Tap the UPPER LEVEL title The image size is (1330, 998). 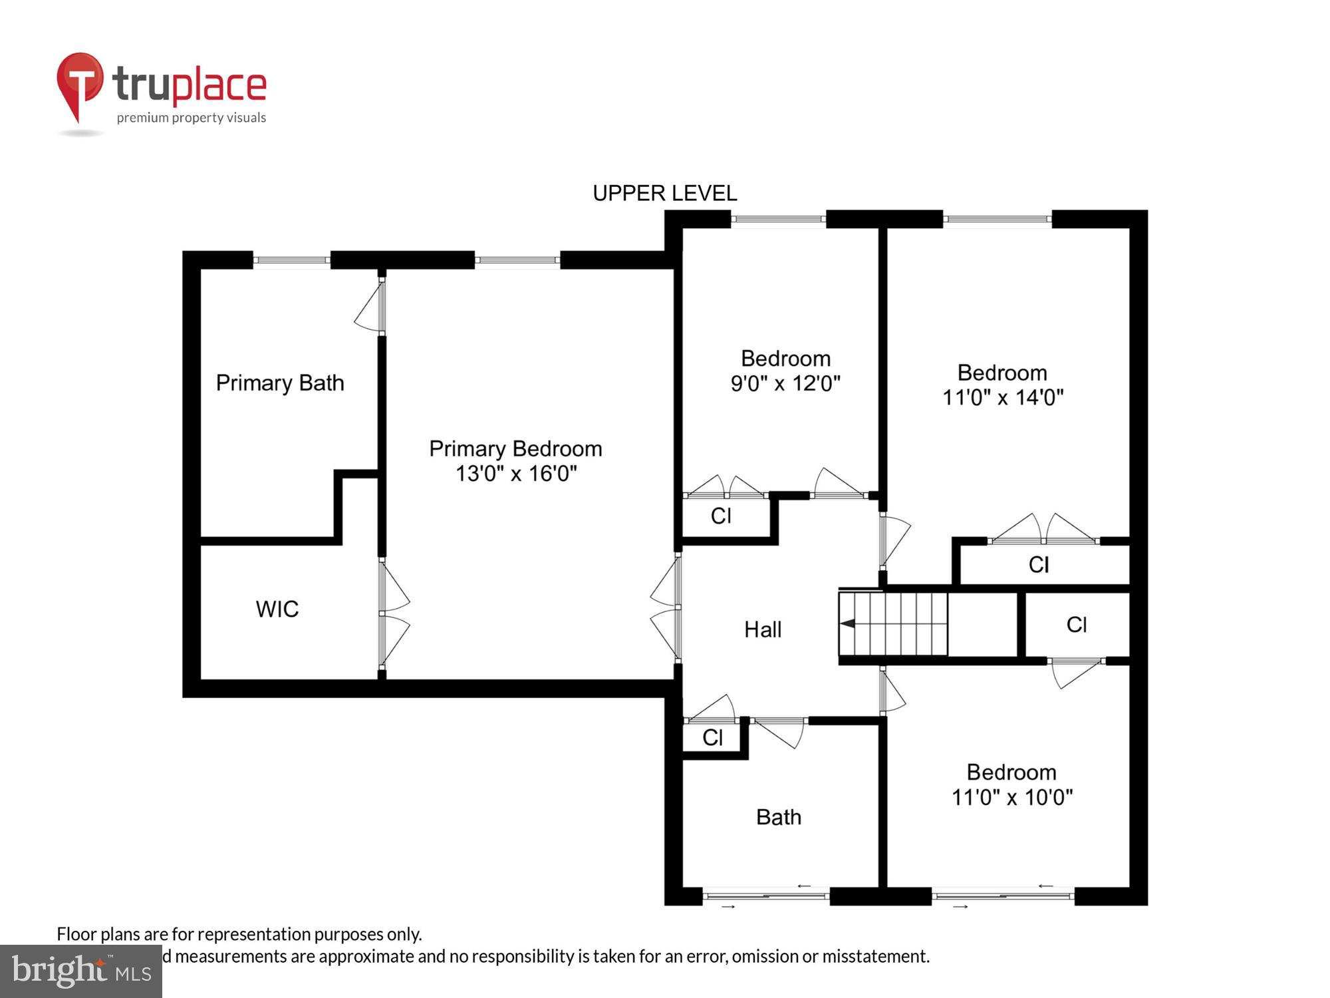(x=664, y=194)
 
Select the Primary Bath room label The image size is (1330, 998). (x=280, y=383)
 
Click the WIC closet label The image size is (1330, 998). (x=277, y=609)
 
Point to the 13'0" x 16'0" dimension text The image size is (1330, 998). (x=516, y=474)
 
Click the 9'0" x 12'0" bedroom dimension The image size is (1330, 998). (x=785, y=384)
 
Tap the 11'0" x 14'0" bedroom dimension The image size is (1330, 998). (x=1003, y=398)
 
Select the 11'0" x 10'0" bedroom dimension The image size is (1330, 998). (x=1011, y=797)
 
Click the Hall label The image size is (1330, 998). (x=762, y=629)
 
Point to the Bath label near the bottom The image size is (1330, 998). (x=778, y=817)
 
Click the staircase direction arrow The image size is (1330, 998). (x=849, y=623)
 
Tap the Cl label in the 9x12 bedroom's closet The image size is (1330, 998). (x=721, y=516)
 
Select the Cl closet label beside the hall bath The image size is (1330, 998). (x=712, y=737)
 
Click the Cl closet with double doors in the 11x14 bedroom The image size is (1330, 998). (x=1039, y=565)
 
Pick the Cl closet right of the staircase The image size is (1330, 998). (x=1076, y=625)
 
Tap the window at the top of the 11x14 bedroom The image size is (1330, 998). (x=997, y=220)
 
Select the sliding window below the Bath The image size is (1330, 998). (x=765, y=896)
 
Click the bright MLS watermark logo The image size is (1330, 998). (x=81, y=971)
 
